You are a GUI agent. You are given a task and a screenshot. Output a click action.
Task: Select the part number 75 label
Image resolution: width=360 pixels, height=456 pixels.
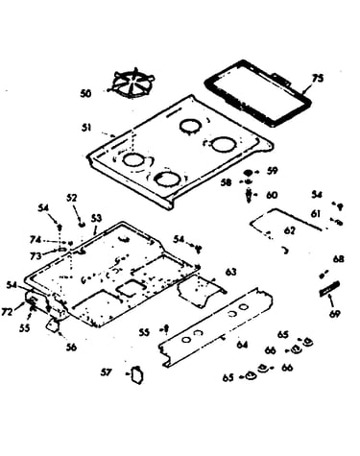click(318, 79)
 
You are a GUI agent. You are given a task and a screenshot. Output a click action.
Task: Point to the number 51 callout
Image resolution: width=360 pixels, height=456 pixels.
click(86, 128)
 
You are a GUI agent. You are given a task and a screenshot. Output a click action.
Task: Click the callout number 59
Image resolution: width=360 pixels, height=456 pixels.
click(272, 171)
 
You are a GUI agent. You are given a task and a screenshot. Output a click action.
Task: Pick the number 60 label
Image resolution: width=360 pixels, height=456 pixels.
click(272, 195)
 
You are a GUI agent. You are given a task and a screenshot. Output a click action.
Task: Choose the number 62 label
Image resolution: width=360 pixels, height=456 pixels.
click(289, 230)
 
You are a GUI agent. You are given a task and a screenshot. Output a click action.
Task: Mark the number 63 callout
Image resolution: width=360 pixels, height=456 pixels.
click(231, 272)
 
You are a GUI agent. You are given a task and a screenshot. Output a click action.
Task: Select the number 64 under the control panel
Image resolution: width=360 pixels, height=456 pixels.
click(242, 345)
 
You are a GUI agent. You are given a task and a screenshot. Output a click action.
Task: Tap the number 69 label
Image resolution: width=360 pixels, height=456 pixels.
click(335, 314)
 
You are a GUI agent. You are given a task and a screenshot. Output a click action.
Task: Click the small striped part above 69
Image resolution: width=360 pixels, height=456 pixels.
click(329, 288)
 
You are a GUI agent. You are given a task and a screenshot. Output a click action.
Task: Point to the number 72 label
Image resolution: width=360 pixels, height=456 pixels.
click(7, 312)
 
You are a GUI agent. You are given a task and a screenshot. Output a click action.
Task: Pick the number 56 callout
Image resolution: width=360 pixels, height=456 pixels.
click(71, 348)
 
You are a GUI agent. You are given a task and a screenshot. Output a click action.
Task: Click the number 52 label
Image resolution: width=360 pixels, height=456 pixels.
click(72, 198)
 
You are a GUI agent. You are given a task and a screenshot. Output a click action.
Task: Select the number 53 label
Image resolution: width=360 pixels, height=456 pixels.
click(96, 218)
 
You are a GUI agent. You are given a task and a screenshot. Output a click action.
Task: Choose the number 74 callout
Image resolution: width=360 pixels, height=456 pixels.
click(36, 240)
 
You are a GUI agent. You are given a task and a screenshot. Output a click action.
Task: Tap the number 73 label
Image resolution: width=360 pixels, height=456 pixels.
click(36, 255)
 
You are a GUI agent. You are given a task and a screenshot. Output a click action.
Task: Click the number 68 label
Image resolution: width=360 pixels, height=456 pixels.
click(338, 259)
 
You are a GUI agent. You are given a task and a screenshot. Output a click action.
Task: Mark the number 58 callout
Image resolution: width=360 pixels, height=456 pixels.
click(227, 182)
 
